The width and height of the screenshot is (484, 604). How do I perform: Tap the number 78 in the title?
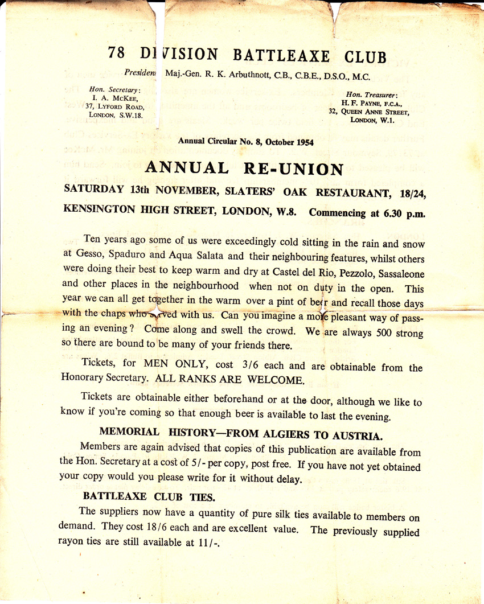[x=117, y=54]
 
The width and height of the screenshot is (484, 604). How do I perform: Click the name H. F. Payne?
[x=363, y=103]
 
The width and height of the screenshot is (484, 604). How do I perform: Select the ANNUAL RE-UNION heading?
[x=244, y=169]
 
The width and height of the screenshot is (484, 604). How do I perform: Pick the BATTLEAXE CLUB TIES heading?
[x=149, y=497]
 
